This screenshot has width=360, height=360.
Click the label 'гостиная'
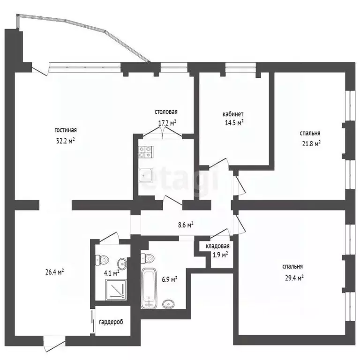tap(65, 131)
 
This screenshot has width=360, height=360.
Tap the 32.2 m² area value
tap(65, 140)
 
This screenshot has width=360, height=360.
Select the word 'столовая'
tap(166, 112)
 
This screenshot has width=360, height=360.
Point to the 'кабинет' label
tap(233, 114)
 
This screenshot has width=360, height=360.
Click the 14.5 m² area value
tap(233, 123)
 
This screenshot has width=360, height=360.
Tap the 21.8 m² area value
tap(310, 143)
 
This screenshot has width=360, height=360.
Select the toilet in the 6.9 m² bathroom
tap(148, 257)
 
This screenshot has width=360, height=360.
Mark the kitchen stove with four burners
tap(145, 152)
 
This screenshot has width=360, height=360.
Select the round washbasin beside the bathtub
tap(167, 304)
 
